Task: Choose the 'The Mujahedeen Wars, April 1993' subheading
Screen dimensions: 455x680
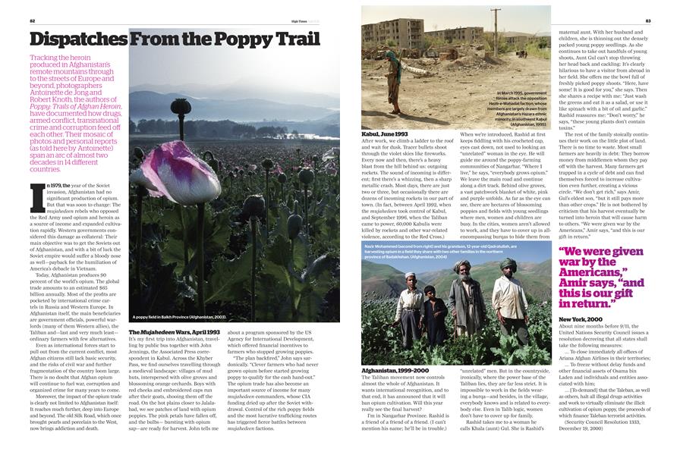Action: click(x=174, y=332)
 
